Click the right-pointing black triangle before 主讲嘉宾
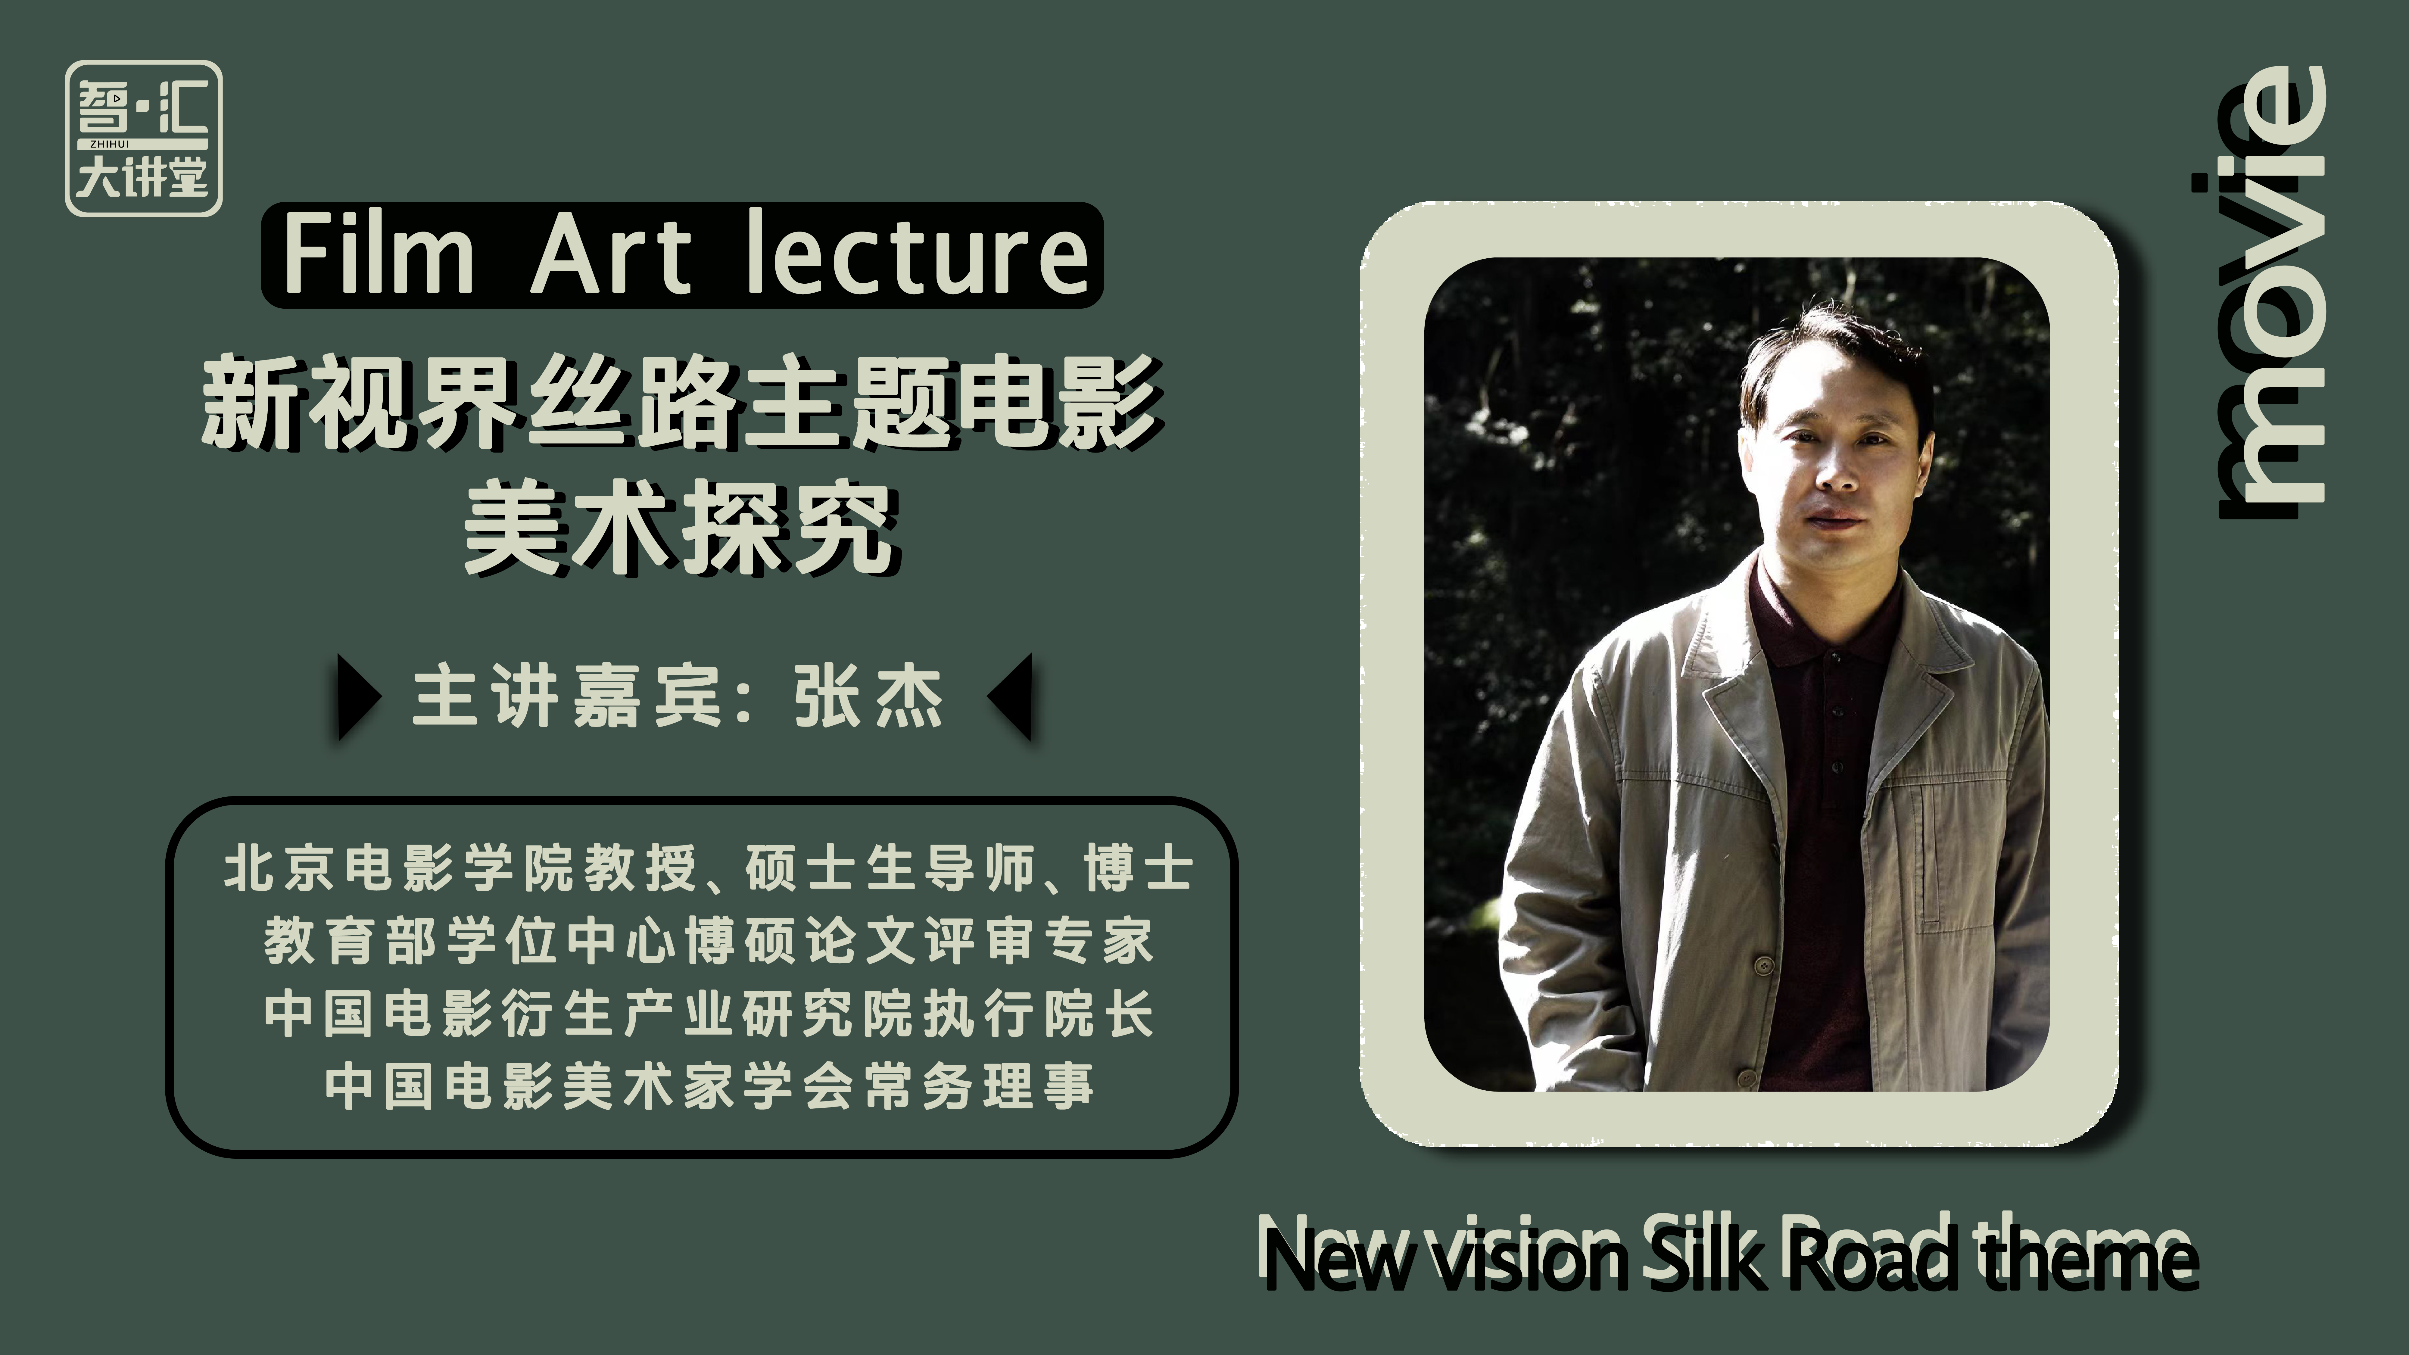pos(359,697)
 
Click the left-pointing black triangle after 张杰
pos(1010,697)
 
